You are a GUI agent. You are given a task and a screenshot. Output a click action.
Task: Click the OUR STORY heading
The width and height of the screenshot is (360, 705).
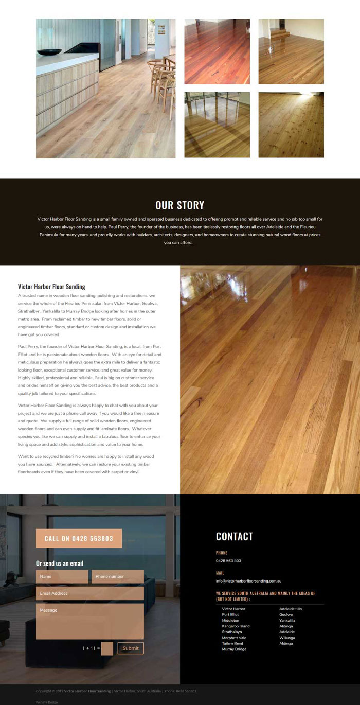pos(179,205)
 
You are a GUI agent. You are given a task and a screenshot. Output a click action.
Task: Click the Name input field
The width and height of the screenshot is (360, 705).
pos(62,576)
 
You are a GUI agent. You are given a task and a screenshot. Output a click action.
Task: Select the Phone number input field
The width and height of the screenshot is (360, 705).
pos(117,576)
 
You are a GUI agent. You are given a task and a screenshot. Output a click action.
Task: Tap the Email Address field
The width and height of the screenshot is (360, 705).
pos(89,593)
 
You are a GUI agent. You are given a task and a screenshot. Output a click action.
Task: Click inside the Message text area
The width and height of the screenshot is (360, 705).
pos(89,621)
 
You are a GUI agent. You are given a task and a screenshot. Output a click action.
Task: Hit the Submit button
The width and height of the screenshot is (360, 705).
pos(131,648)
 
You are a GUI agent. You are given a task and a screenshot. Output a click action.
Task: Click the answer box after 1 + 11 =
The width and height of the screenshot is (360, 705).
pos(107,648)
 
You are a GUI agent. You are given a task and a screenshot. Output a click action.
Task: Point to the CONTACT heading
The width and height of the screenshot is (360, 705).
pos(235,536)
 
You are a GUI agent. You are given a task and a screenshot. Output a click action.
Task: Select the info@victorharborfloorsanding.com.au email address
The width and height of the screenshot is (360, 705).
pos(248,581)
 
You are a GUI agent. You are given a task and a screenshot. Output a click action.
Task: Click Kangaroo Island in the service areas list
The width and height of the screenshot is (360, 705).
pos(236,626)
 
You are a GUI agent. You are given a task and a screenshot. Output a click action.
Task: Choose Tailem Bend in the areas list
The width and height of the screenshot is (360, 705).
pos(232,643)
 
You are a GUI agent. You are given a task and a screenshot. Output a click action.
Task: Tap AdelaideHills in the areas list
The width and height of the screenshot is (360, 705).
pos(291,609)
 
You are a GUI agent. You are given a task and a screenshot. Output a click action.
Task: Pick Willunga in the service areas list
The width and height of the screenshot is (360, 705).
pos(287,638)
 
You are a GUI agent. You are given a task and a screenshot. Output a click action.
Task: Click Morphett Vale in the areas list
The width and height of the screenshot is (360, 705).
pos(234,638)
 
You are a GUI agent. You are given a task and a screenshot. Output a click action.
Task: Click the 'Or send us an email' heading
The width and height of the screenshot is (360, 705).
pos(60,563)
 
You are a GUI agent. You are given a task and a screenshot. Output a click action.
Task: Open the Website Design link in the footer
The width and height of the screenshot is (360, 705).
pos(47,702)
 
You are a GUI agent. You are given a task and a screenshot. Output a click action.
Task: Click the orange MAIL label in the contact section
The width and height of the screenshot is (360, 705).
pos(220,573)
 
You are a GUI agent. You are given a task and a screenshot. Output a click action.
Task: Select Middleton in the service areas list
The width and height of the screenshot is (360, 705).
pos(230,621)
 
